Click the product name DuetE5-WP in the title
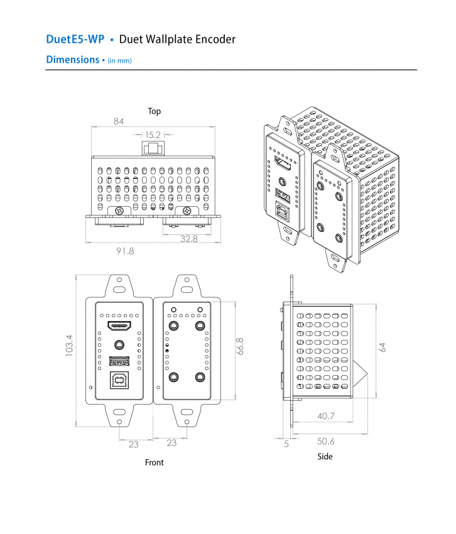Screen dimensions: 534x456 click(x=75, y=39)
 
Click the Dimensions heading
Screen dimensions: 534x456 click(x=72, y=60)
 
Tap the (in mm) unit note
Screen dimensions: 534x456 click(x=119, y=60)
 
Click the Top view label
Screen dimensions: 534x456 click(x=154, y=111)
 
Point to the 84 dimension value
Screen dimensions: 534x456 click(x=119, y=121)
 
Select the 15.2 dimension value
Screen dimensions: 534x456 click(x=153, y=134)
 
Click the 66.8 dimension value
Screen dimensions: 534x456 click(x=240, y=347)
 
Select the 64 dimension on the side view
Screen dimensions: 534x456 click(x=383, y=347)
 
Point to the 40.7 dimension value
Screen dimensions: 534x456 click(x=326, y=416)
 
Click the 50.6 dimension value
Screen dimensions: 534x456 click(x=326, y=442)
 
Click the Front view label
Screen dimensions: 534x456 click(x=154, y=462)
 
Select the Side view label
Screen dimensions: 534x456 click(x=325, y=456)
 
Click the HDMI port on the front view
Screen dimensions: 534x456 click(x=119, y=326)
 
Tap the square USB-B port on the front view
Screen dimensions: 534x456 click(x=119, y=380)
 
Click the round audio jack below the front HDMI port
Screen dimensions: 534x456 click(x=119, y=344)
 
